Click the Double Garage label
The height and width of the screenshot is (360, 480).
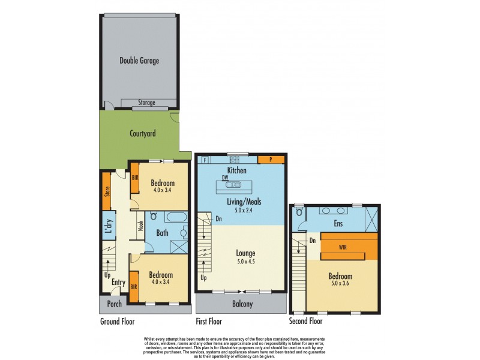[x=139, y=61]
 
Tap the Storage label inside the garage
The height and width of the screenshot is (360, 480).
[x=147, y=103]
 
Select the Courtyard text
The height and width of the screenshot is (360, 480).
[x=143, y=133]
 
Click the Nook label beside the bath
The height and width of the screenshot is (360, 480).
[x=140, y=226]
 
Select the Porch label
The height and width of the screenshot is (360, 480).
[x=114, y=304]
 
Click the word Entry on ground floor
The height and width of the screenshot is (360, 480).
[x=119, y=283]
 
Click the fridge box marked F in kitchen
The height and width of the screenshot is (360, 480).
[x=205, y=160]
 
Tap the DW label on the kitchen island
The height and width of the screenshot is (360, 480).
[x=225, y=178]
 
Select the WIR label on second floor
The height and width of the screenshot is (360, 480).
[x=343, y=246]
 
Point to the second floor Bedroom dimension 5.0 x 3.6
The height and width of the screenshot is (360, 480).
[x=339, y=285]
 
